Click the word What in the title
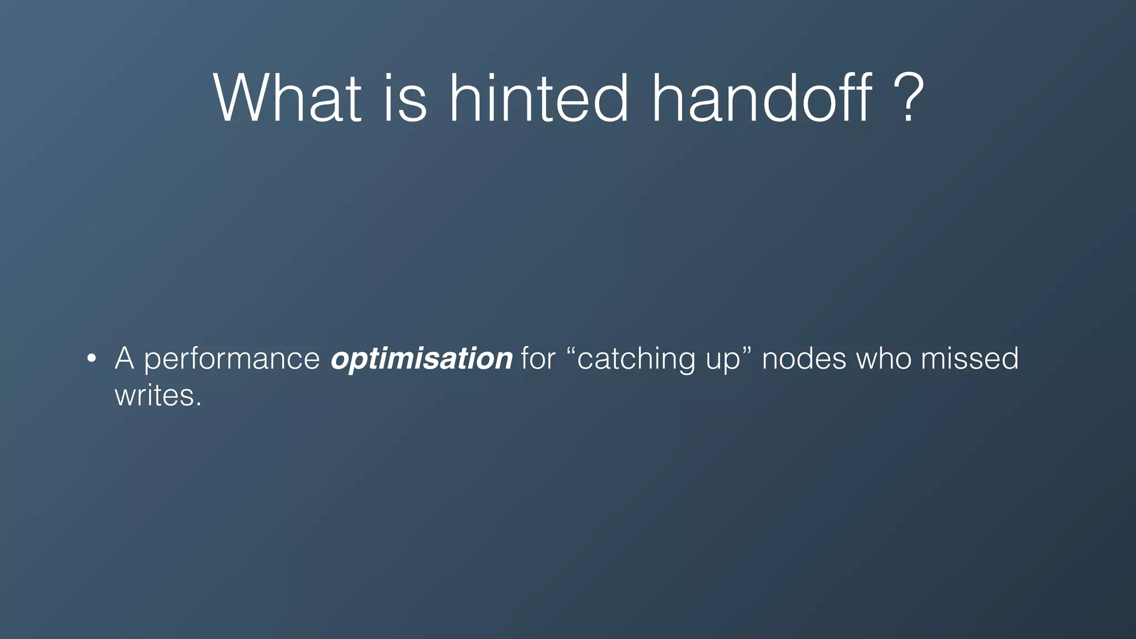[x=287, y=99]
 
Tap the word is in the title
[x=405, y=99]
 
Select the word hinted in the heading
[x=538, y=99]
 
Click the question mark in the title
[x=908, y=99]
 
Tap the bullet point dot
[x=92, y=358]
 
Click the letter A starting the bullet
[x=124, y=358]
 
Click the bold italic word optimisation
[x=421, y=359]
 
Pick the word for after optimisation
[x=537, y=358]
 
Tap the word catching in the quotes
[x=636, y=359]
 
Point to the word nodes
[x=804, y=358]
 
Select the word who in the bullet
[x=884, y=358]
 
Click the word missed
[x=970, y=358]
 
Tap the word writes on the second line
[x=154, y=396]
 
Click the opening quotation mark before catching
[x=572, y=351]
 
